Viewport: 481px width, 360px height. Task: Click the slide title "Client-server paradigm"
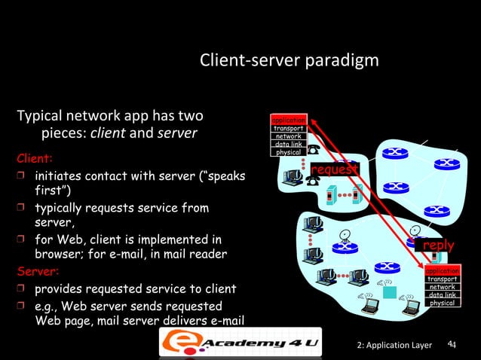(289, 59)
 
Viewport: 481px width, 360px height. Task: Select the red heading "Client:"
(35, 160)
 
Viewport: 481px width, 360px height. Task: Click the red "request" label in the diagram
(332, 170)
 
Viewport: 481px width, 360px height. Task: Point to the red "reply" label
(437, 246)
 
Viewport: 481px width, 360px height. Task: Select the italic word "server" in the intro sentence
(177, 133)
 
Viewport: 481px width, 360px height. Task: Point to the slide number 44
(452, 344)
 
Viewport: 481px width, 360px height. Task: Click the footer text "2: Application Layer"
(394, 345)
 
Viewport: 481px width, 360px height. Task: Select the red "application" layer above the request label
(289, 121)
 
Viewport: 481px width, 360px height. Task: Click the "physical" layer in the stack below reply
(442, 303)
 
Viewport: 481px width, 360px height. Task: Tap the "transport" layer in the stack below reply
(442, 279)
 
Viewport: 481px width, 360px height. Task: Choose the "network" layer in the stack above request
(289, 136)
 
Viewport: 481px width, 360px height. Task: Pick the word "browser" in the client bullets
(60, 255)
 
